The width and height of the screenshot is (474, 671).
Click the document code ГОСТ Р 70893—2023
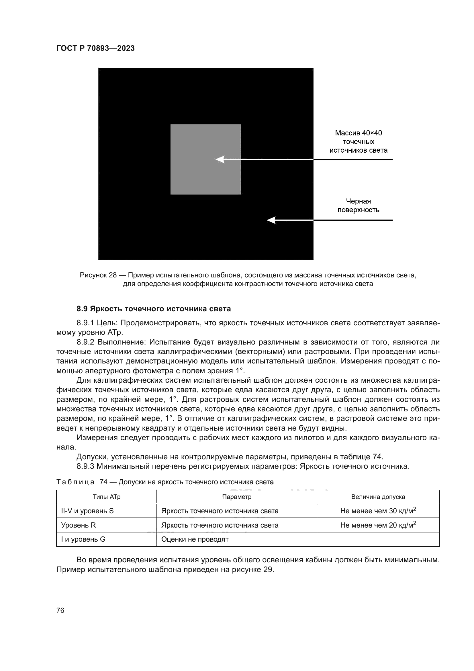pos(95,48)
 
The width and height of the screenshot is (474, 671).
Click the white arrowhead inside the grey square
pos(220,159)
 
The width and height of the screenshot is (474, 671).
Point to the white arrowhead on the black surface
pos(271,220)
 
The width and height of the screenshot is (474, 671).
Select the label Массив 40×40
pos(358,133)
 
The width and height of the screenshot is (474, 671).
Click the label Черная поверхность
pos(358,205)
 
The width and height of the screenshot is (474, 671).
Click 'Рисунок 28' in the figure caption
pos(98,275)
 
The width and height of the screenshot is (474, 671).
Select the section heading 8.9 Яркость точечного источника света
pos(154,309)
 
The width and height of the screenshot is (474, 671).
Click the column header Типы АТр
pos(107,497)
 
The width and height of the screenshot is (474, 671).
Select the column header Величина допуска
pos(378,497)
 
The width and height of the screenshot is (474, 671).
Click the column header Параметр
pos(236,497)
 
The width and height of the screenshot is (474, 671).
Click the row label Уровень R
pos(78,525)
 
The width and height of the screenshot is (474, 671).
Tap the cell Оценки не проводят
pos(195,539)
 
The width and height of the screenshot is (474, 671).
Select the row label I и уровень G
pos(83,539)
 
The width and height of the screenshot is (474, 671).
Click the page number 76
pos(60,610)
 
